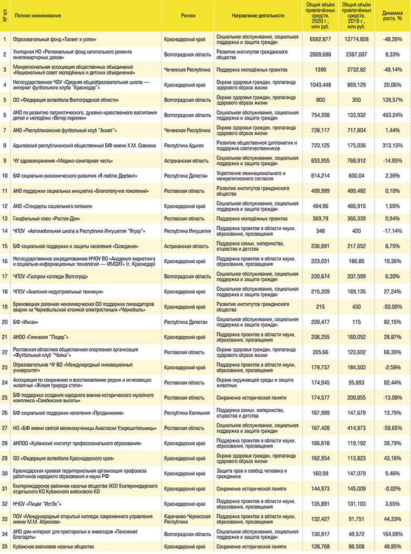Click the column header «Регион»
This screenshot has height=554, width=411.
[x=188, y=16]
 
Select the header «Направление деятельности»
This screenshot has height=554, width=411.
[x=257, y=16]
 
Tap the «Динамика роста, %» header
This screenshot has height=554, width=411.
[x=392, y=16]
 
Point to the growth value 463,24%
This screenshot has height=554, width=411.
[x=392, y=115]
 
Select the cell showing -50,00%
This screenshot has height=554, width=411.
[x=392, y=307]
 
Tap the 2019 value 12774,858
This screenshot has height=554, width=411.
[x=356, y=39]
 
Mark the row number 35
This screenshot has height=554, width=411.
[x=5, y=547]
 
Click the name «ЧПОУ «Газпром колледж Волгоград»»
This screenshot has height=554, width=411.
[x=51, y=276]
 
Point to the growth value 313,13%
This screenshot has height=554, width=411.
[x=392, y=145]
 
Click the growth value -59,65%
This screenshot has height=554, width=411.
[x=392, y=428]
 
